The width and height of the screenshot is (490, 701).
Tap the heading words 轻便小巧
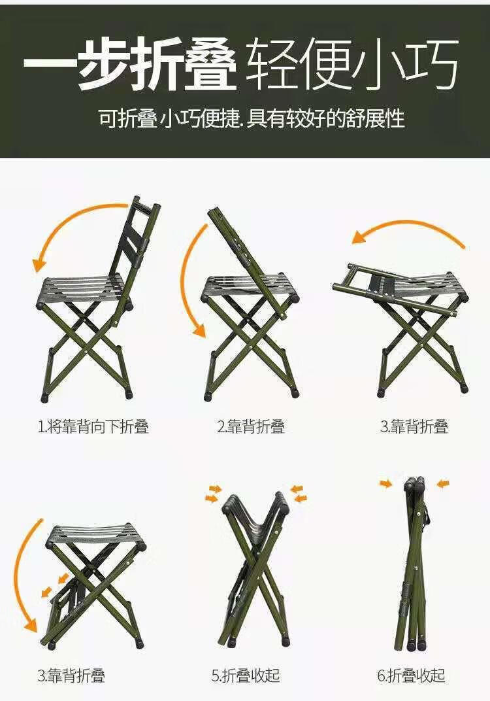(353, 64)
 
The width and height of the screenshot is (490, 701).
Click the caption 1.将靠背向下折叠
(93, 427)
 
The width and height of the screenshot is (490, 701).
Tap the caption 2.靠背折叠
(251, 427)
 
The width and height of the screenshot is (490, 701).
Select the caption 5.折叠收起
(246, 675)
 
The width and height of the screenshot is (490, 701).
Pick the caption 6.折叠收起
(412, 675)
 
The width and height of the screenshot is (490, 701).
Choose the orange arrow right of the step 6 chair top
(443, 483)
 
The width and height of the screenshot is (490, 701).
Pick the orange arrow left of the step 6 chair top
(386, 483)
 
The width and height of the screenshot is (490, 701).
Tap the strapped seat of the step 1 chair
(82, 290)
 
